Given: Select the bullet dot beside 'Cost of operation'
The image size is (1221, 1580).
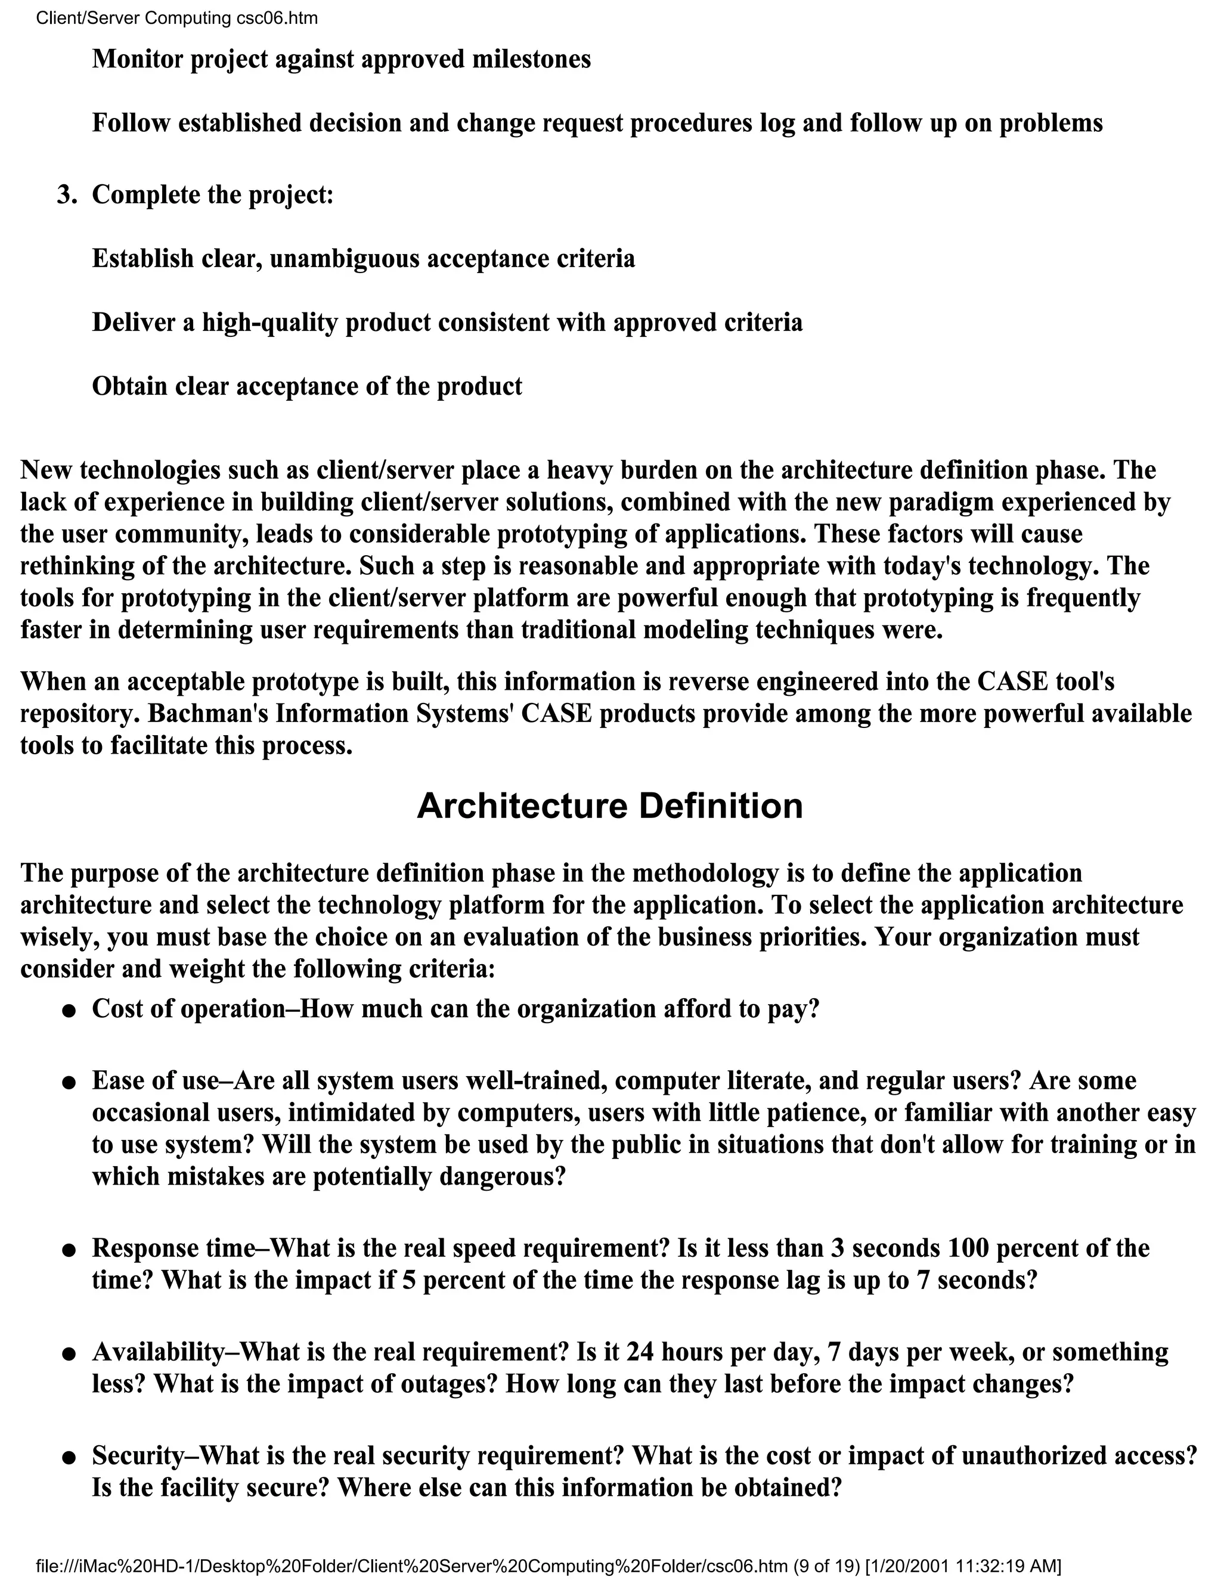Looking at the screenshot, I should (69, 1011).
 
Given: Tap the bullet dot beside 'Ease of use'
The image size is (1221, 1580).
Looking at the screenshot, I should (69, 1083).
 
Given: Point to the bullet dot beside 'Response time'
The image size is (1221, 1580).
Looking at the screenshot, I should (69, 1250).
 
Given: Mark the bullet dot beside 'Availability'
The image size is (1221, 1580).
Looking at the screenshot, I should (69, 1353).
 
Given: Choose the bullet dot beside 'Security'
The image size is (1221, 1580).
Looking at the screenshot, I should (69, 1458).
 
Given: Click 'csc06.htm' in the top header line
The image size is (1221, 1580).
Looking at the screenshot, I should (277, 18).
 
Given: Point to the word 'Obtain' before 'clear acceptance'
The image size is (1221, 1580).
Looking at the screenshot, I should (130, 386).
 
